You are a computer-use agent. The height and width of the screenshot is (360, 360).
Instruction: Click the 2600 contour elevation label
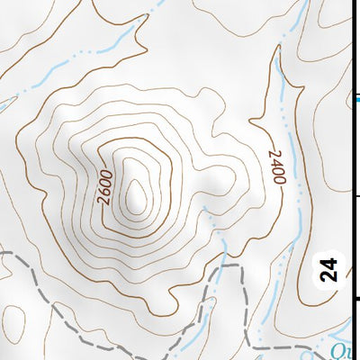(x=105, y=185)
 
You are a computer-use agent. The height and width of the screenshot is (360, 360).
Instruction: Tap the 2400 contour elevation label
(x=276, y=167)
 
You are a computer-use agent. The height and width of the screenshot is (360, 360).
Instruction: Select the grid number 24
(x=329, y=270)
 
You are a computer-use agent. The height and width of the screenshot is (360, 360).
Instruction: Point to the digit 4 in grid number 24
(x=329, y=264)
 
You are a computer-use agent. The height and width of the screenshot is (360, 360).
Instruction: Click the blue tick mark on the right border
(x=355, y=98)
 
